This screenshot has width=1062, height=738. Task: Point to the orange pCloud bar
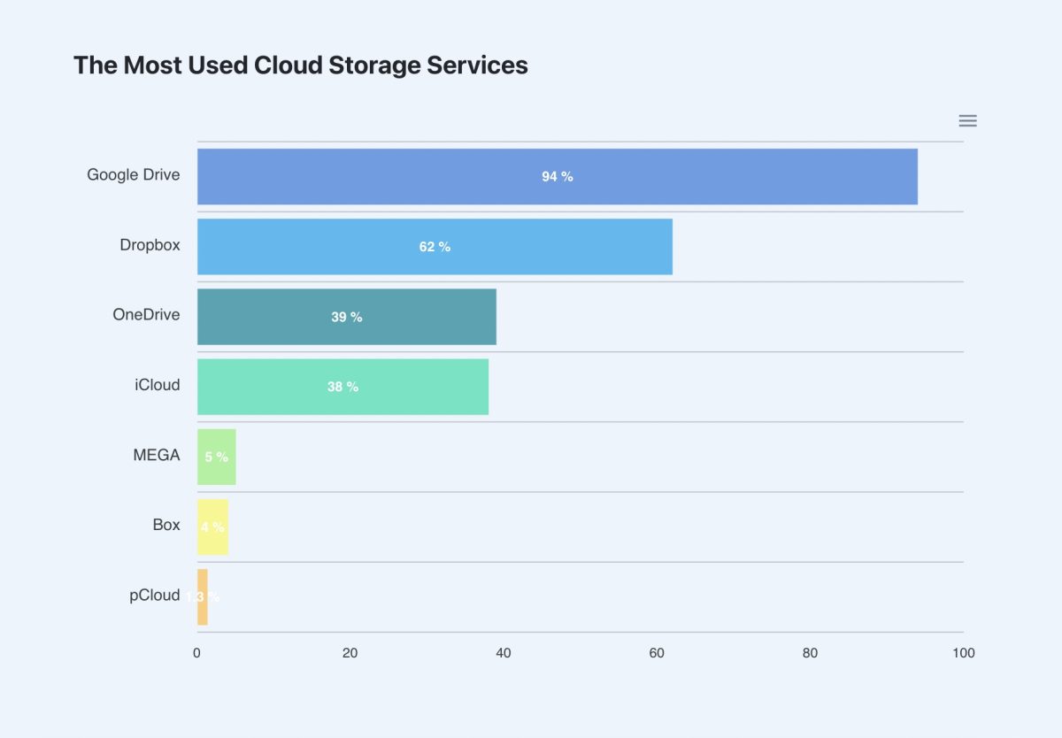[x=203, y=596]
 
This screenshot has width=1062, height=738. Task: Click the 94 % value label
[x=558, y=177]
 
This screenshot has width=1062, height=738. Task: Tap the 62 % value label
[x=435, y=247]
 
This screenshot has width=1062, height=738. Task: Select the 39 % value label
[x=346, y=317]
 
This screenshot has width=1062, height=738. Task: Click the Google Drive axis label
[x=133, y=175]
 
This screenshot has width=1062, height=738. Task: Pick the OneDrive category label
[x=146, y=315]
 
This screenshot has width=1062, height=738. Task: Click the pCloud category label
[x=154, y=596]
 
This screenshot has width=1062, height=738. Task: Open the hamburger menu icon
[x=967, y=121]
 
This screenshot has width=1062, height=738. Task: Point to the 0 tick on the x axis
[x=196, y=654]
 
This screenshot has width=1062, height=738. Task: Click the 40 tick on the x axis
[x=504, y=654]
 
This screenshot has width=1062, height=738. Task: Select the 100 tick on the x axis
[x=963, y=654]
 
